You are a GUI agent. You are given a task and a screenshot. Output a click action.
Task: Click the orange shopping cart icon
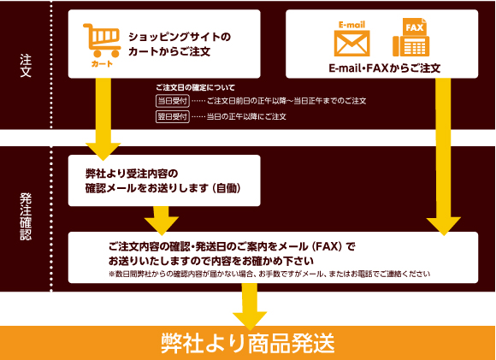[102, 40]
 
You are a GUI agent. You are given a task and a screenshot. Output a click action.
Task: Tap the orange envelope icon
[351, 44]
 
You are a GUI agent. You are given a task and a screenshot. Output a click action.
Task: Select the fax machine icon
[410, 38]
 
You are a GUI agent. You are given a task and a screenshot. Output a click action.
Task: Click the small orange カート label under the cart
[102, 64]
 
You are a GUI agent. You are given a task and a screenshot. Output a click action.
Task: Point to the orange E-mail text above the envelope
[351, 25]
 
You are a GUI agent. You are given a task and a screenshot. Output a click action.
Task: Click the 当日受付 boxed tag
[173, 101]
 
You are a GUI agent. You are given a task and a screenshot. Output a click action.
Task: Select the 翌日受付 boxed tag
[173, 116]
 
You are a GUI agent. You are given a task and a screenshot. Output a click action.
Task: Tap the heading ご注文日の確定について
[195, 87]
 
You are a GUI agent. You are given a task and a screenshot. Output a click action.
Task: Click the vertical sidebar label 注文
[26, 66]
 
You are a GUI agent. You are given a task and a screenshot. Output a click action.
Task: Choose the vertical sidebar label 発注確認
[26, 216]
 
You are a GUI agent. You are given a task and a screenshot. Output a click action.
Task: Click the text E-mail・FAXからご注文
[385, 68]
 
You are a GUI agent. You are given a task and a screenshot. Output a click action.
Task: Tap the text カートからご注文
[169, 51]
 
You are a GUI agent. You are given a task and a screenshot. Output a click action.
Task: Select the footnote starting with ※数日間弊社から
[269, 274]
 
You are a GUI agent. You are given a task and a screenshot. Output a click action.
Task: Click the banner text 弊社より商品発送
[248, 344]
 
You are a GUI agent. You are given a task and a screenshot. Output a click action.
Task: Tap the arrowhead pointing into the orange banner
[250, 321]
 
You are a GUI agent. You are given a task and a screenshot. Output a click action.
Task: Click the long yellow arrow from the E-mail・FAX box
[443, 156]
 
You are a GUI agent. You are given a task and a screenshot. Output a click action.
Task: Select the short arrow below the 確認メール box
[162, 221]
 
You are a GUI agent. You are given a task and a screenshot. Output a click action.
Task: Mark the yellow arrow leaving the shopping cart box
[103, 119]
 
